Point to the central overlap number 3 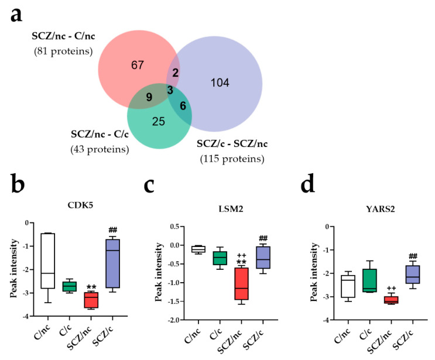point(170,90)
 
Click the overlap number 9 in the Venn point(149,97)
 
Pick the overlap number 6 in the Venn point(184,106)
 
